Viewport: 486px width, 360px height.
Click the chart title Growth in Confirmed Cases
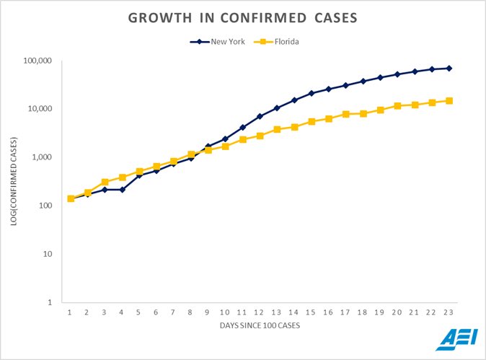click(243, 18)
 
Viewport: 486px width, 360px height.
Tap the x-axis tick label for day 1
click(70, 312)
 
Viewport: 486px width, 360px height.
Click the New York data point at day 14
click(294, 100)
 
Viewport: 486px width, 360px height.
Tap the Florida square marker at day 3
click(105, 183)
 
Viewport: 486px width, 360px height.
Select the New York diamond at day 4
click(123, 190)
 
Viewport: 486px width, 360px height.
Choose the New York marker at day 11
click(242, 128)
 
